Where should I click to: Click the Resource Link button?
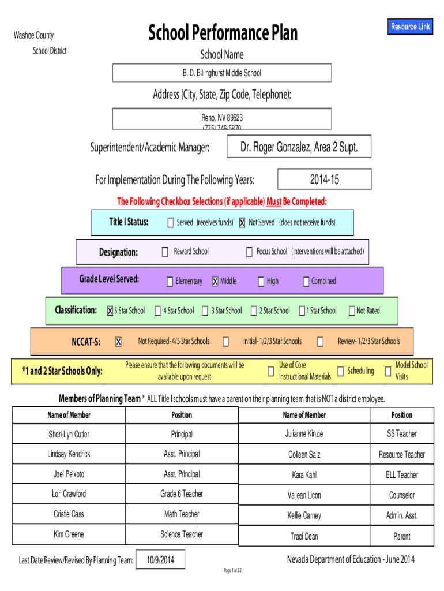click(410, 27)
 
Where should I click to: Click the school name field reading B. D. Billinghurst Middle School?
click(222, 73)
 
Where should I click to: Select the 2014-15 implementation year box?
click(324, 179)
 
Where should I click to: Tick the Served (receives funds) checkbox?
click(170, 223)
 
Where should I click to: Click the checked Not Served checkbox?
click(242, 223)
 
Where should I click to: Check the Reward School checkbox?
click(164, 252)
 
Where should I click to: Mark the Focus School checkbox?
click(249, 252)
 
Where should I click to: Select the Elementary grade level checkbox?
click(170, 282)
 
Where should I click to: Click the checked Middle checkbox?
click(215, 282)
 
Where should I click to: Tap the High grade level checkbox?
click(261, 282)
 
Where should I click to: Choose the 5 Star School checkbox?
click(110, 311)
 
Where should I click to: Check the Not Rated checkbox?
click(351, 311)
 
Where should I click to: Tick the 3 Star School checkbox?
click(205, 311)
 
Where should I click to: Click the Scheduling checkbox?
click(340, 371)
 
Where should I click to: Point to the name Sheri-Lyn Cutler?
click(69, 434)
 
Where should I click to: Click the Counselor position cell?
click(401, 495)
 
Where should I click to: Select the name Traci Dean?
click(304, 536)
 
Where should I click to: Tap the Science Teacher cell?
click(182, 534)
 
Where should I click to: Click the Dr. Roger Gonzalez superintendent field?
click(299, 147)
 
